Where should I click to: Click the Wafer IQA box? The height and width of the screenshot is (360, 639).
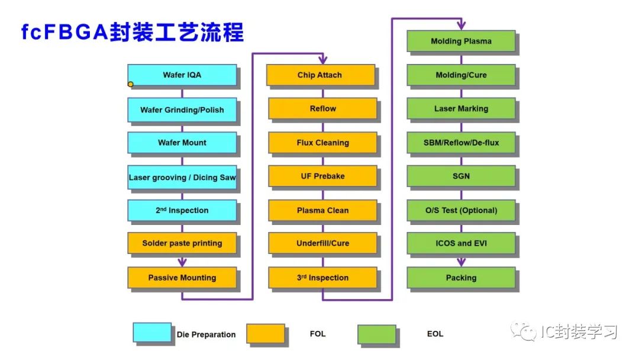click(182, 75)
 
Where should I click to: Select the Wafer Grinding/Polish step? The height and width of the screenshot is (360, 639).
click(182, 110)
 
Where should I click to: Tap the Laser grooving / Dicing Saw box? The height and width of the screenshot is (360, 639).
click(182, 177)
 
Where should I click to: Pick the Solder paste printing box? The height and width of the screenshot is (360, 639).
click(182, 243)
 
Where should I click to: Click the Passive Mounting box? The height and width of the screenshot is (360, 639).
click(182, 278)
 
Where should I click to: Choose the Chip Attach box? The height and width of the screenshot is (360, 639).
click(320, 75)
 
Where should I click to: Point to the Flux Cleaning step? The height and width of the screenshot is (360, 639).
click(322, 143)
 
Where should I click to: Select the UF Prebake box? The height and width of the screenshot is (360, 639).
click(322, 176)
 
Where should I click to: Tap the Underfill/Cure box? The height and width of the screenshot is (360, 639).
click(322, 243)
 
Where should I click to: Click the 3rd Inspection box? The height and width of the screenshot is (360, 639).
click(322, 278)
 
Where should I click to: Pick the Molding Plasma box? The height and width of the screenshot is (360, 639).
click(461, 41)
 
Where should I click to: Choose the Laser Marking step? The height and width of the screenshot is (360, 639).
click(461, 109)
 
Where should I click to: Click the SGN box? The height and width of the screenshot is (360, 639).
click(461, 176)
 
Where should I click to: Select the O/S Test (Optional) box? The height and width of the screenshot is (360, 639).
click(461, 210)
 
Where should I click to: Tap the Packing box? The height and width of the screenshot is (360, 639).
click(461, 278)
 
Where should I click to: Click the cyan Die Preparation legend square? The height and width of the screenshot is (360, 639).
click(152, 333)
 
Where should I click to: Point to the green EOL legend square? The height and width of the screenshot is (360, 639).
click(376, 333)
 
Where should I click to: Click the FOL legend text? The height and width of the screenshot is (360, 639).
click(318, 334)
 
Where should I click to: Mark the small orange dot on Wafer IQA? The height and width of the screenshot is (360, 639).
click(131, 84)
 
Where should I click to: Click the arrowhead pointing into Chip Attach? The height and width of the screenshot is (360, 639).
click(322, 59)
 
